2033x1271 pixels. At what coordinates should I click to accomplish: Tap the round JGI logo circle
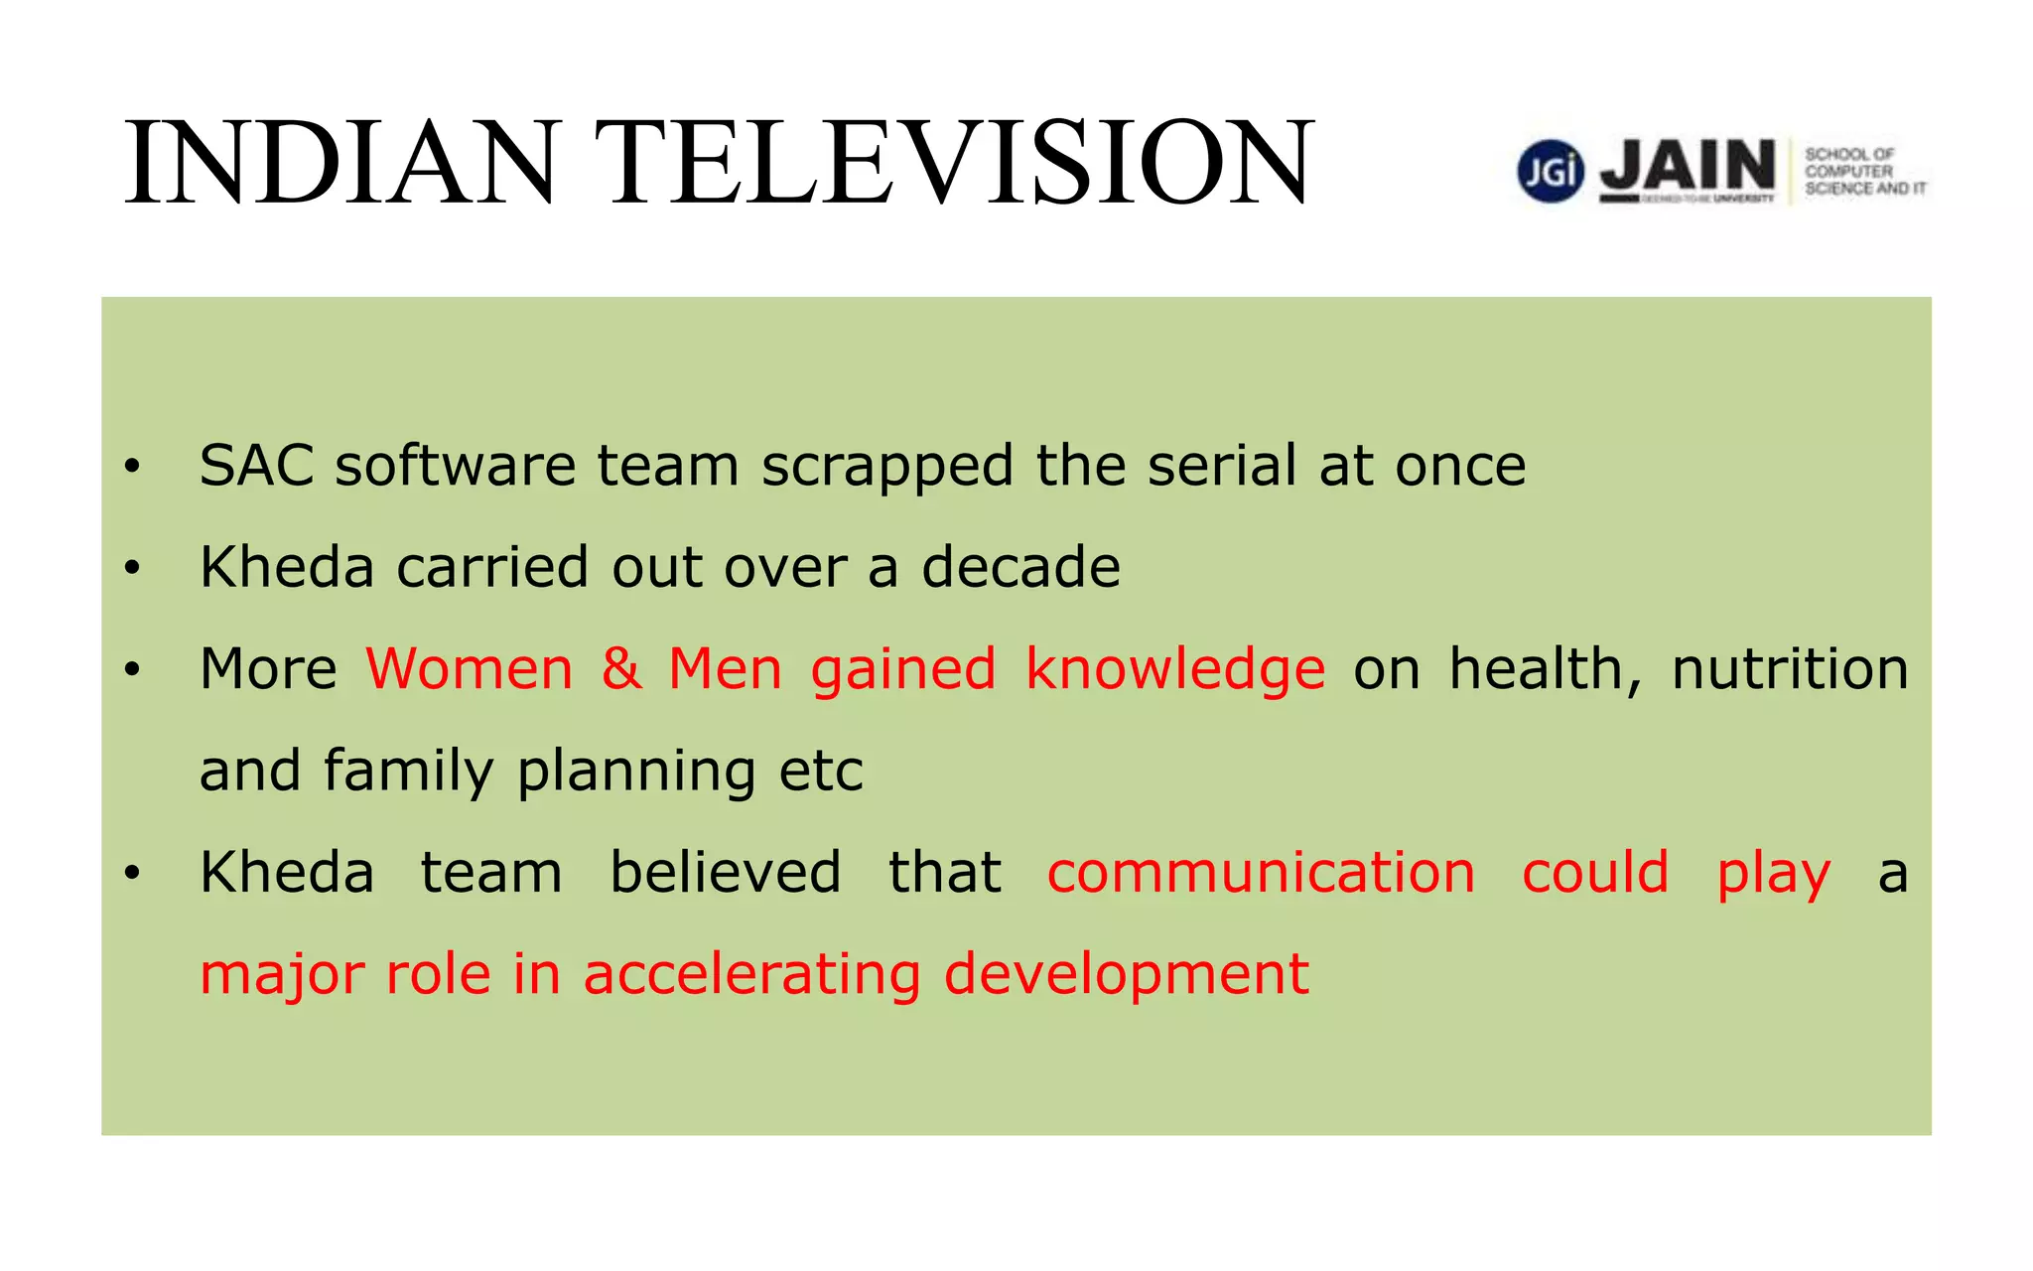[x=1550, y=171]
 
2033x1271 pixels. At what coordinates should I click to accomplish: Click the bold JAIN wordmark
[x=1688, y=166]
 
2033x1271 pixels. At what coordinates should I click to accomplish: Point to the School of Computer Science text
[x=1862, y=171]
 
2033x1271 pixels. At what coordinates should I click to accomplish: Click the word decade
[x=1020, y=567]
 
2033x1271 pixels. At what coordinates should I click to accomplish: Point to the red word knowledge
[x=1174, y=670]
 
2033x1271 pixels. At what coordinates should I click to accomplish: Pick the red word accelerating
[x=751, y=975]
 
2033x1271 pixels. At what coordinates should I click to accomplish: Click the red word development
[x=1126, y=975]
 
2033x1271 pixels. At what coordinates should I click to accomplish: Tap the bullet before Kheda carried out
[x=133, y=568]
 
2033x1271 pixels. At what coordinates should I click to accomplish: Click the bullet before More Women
[x=133, y=670]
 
